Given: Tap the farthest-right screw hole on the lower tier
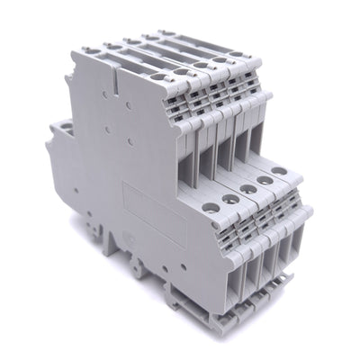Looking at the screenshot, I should (x=287, y=181).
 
